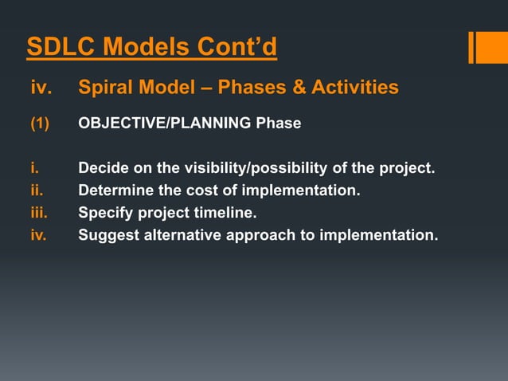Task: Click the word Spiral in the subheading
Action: click(x=107, y=87)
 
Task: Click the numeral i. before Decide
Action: click(x=33, y=169)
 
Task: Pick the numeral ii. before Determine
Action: click(x=36, y=191)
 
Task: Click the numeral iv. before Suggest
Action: click(x=39, y=236)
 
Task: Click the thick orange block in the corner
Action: click(x=487, y=47)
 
